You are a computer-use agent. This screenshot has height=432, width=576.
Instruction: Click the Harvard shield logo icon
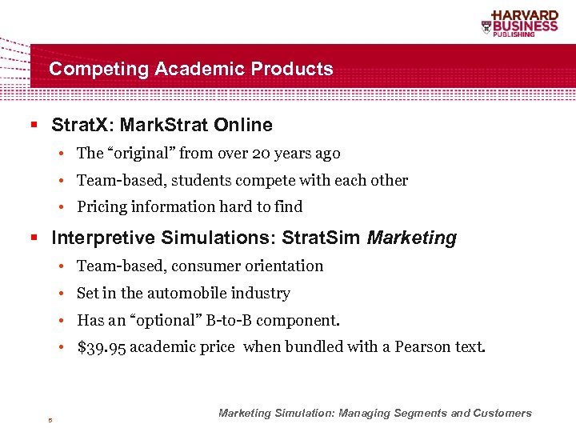[486, 27]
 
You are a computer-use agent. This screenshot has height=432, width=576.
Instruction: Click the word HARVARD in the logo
[525, 15]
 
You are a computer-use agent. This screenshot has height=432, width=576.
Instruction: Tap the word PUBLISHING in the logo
[535, 35]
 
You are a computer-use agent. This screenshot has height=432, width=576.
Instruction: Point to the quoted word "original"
[142, 153]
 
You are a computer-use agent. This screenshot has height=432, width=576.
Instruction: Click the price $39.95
[101, 347]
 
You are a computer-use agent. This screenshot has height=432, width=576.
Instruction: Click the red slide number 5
[49, 419]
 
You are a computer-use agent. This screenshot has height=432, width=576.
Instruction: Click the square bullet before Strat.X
[34, 126]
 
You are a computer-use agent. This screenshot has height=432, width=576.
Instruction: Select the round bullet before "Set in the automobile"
[62, 294]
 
